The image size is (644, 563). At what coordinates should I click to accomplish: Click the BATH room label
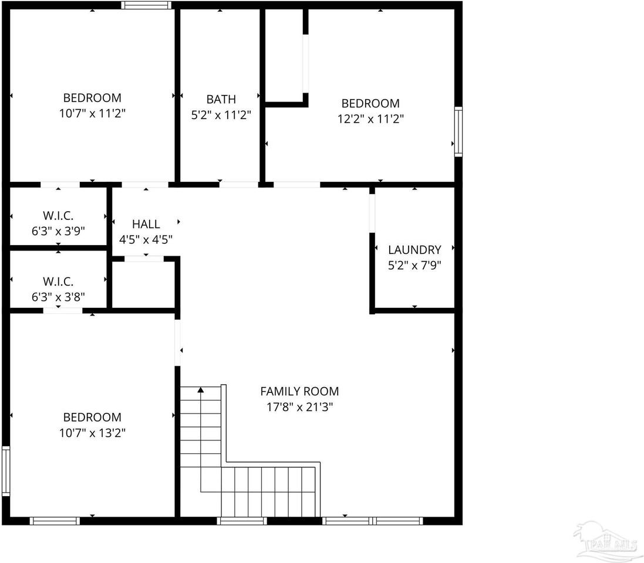click(221, 99)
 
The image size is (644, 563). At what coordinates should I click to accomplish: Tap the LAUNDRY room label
click(414, 249)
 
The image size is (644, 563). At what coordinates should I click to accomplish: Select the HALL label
click(146, 223)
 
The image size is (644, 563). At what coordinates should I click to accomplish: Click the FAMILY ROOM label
click(299, 391)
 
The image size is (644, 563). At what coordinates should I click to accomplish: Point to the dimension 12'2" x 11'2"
click(370, 118)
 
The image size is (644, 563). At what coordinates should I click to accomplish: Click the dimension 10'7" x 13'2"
click(92, 433)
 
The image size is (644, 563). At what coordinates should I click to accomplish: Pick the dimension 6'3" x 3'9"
click(58, 230)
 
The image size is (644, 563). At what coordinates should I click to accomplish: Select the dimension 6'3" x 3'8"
click(58, 297)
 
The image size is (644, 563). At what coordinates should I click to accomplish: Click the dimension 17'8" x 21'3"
click(299, 406)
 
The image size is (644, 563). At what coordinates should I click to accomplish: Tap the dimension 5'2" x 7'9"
click(414, 264)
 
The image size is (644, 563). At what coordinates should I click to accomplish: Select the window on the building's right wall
click(458, 131)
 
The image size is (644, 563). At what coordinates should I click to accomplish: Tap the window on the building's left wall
click(6, 472)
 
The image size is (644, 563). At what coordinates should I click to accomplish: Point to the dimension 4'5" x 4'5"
click(146, 239)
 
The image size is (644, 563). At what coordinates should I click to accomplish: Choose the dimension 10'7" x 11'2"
click(92, 113)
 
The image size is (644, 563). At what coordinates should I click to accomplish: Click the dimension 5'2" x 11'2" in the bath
click(221, 115)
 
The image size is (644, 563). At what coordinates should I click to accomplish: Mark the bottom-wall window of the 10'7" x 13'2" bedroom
click(55, 520)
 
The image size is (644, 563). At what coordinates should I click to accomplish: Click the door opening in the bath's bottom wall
click(238, 185)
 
